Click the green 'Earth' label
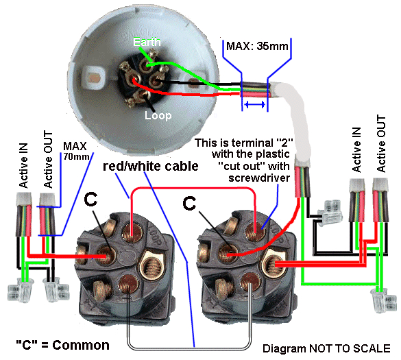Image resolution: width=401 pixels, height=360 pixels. [x=147, y=43]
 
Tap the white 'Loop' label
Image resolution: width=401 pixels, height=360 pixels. [x=157, y=116]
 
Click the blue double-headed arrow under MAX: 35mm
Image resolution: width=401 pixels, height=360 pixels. [x=255, y=105]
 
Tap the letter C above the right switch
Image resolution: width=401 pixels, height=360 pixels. [x=193, y=203]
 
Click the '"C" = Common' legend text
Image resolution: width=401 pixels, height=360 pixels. [x=62, y=345]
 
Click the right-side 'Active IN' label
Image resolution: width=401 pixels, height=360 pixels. [x=356, y=149]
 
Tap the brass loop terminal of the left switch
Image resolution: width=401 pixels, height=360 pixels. [x=149, y=264]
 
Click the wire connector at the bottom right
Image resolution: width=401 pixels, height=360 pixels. [x=379, y=299]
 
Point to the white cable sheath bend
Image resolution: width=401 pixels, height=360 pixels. [x=293, y=103]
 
